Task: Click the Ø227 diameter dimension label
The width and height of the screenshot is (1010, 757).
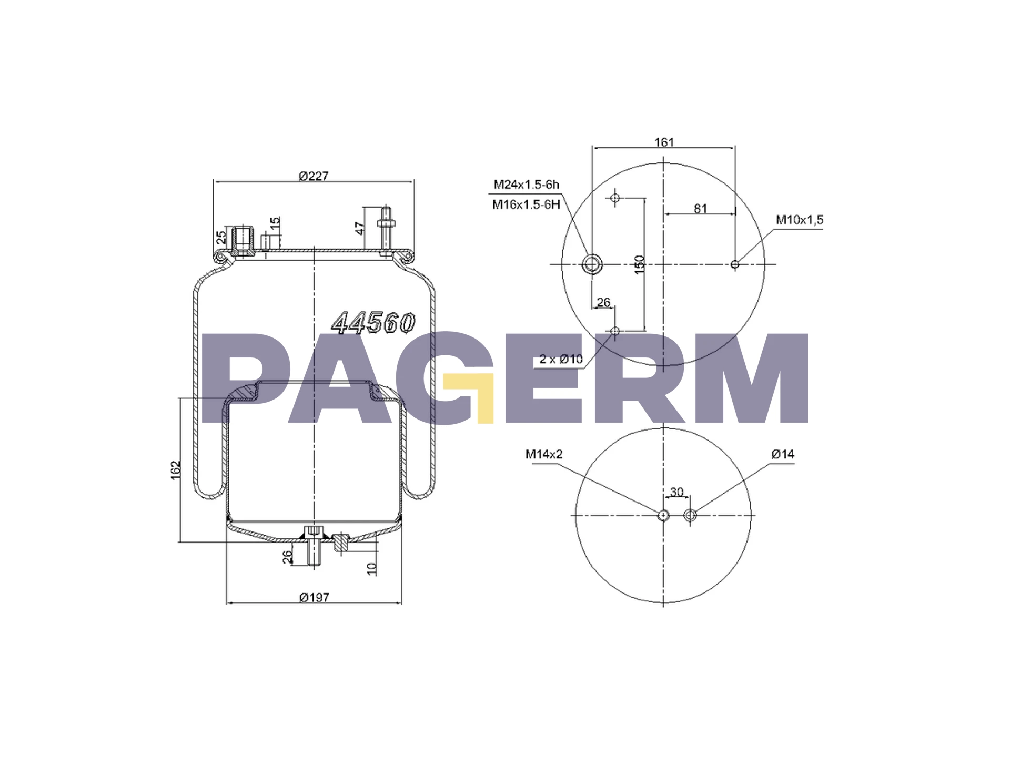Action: (314, 176)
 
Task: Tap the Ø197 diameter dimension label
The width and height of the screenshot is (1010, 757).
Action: (315, 597)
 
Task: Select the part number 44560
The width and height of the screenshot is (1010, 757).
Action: (373, 323)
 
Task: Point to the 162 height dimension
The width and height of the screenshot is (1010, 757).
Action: (176, 470)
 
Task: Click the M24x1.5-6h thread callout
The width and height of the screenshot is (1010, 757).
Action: (526, 185)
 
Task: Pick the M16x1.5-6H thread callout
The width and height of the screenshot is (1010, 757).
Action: (526, 204)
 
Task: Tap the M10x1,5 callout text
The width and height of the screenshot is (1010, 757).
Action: (800, 220)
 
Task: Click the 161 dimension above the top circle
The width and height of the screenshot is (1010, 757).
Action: (664, 142)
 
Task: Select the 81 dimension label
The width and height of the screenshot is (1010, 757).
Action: (700, 208)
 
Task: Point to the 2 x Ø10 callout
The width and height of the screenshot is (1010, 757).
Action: (561, 359)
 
